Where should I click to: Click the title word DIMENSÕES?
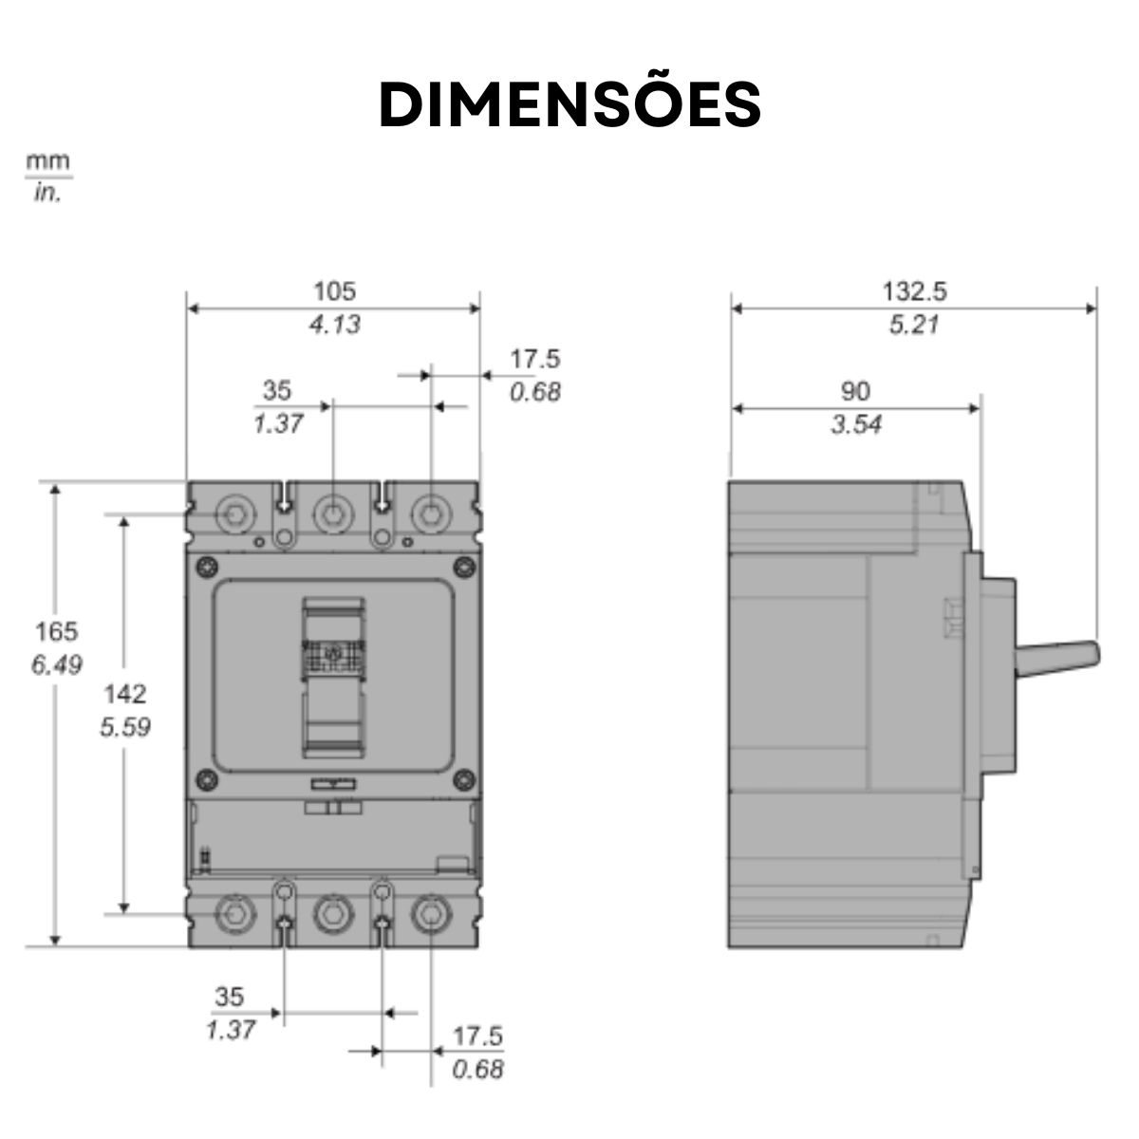coord(569,103)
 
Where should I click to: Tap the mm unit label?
coord(47,160)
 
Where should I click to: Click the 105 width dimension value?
coord(334,290)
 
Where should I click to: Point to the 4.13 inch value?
coord(334,325)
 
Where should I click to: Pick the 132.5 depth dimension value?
coord(914,290)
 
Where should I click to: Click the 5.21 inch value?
coord(914,325)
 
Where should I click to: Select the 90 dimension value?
coord(855,390)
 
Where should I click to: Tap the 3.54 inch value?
coord(855,424)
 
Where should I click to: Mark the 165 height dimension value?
coord(56,631)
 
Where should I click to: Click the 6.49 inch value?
coord(56,665)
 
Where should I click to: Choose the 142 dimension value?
coord(125,693)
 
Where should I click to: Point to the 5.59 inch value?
coord(125,727)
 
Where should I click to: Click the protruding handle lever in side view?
coord(1058,656)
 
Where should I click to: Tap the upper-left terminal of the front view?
coord(234,514)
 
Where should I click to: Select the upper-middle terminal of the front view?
coord(332,514)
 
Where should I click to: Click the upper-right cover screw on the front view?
coord(463,567)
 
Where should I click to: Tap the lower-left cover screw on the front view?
coord(204,781)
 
